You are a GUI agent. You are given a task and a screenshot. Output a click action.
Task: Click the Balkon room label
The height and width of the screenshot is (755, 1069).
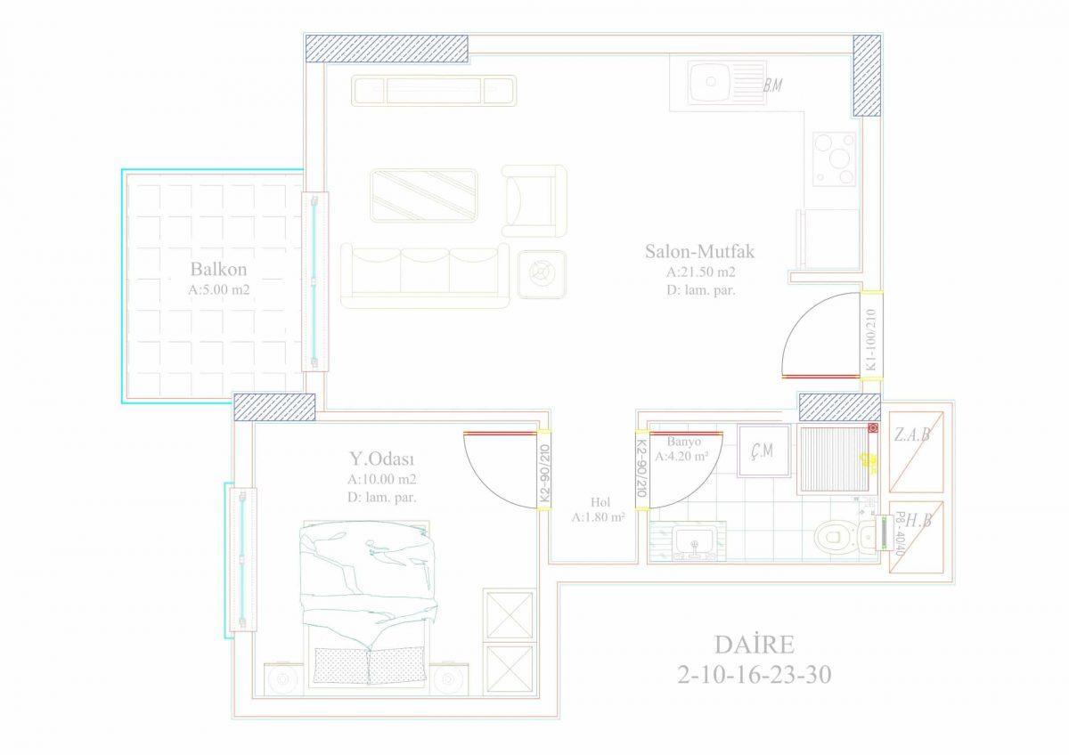tap(218, 269)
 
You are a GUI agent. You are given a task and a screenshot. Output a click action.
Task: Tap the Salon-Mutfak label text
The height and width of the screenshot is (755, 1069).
tap(699, 251)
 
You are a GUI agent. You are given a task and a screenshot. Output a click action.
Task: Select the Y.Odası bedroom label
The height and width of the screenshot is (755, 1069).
tap(382, 459)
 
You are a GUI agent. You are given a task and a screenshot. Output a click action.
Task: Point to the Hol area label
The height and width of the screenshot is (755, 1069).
tap(600, 502)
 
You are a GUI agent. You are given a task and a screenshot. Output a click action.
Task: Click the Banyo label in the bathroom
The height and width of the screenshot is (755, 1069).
tap(684, 442)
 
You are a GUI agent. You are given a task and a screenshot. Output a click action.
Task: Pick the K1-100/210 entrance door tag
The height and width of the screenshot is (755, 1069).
tap(871, 339)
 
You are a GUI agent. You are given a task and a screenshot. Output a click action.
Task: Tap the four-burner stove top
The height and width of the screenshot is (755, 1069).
tap(835, 158)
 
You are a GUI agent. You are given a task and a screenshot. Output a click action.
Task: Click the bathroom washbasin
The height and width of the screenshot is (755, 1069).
tap(695, 542)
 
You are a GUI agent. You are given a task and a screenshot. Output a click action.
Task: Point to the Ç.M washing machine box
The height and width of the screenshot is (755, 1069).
tap(763, 451)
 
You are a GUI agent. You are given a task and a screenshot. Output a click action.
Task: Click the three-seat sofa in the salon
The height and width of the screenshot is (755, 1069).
tap(425, 275)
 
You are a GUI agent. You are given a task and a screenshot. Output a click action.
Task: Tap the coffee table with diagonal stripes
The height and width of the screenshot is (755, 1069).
tap(424, 196)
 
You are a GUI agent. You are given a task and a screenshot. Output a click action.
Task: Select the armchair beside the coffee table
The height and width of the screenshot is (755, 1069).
tap(534, 201)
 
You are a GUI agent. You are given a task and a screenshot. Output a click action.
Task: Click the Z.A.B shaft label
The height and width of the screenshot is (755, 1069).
tap(912, 434)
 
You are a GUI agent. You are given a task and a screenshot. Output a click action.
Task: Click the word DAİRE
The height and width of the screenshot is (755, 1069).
tap(755, 645)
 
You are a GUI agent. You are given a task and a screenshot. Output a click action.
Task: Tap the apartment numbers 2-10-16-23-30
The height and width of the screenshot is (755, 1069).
tap(755, 675)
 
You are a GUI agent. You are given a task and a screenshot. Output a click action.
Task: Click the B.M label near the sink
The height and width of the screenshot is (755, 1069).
tap(772, 85)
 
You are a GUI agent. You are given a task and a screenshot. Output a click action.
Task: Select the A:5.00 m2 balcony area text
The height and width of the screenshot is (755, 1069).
tap(219, 289)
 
